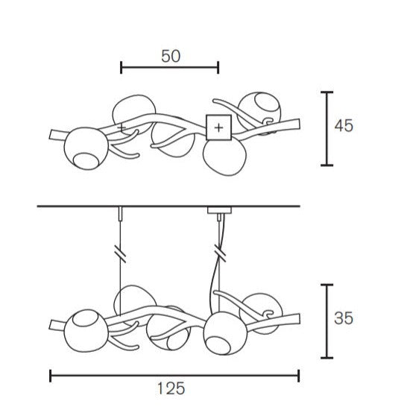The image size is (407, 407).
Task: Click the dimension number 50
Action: pyautogui.click(x=171, y=56)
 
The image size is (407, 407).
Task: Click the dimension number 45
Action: pyautogui.click(x=344, y=126)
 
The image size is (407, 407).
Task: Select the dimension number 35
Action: pyautogui.click(x=344, y=318)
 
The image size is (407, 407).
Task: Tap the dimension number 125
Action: pyautogui.click(x=171, y=388)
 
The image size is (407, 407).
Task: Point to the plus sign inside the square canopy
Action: pyautogui.click(x=218, y=127)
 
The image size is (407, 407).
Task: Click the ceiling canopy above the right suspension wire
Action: pyautogui.click(x=219, y=210)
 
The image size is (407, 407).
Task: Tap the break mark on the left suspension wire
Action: pyautogui.click(x=120, y=253)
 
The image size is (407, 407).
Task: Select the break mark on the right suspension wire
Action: pyautogui.click(x=220, y=253)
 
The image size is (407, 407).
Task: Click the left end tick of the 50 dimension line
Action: pyautogui.click(x=122, y=68)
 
